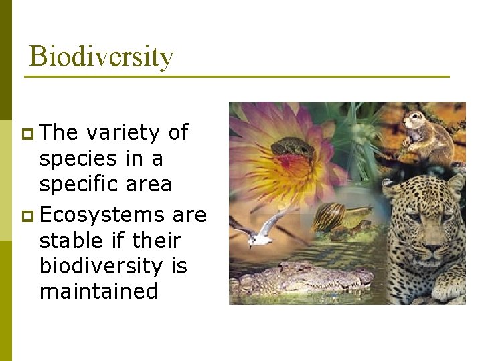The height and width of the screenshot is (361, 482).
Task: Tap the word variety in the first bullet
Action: (x=123, y=132)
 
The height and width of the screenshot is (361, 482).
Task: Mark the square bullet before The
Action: (x=27, y=133)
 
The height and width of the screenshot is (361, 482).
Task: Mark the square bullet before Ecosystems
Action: (x=27, y=215)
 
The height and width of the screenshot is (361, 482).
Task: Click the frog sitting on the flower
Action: (x=293, y=148)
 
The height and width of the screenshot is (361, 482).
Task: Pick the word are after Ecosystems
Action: (x=189, y=215)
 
